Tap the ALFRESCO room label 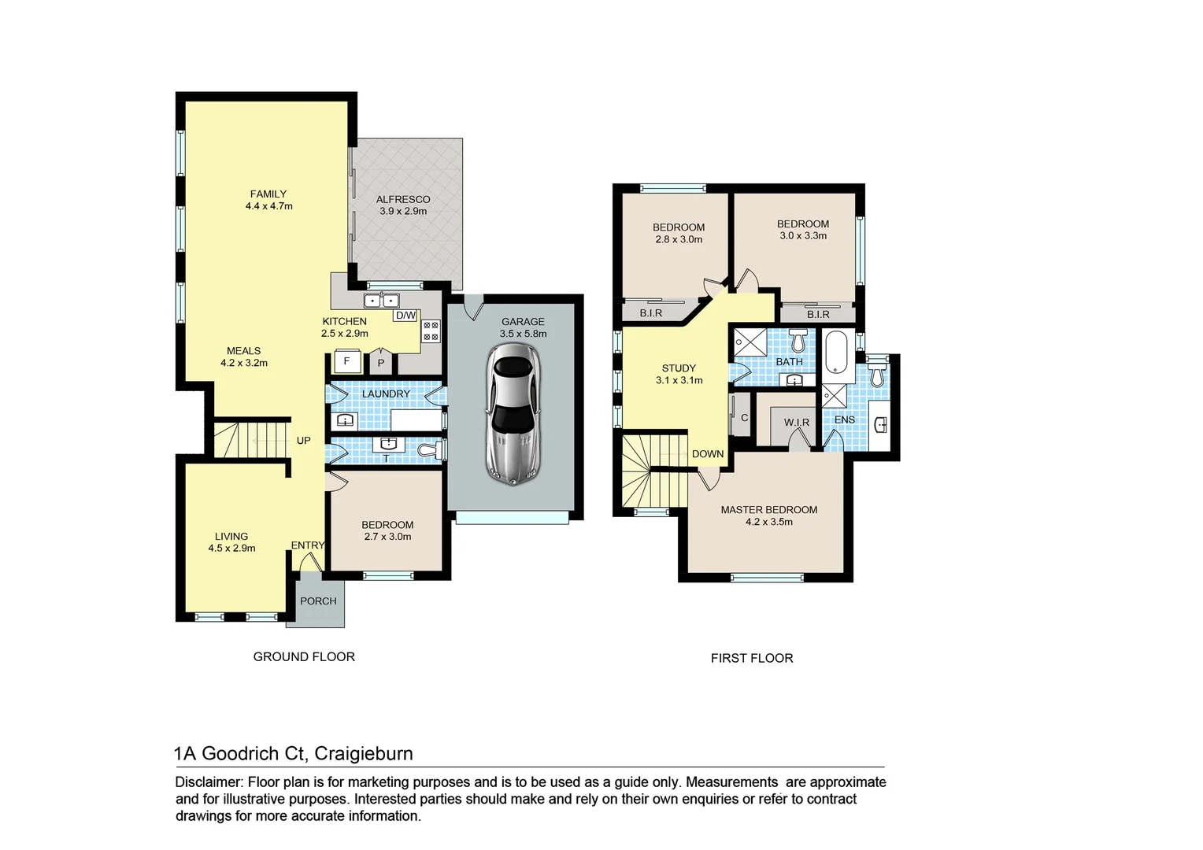[402, 200]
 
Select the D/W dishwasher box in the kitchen [405, 316]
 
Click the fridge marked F [346, 362]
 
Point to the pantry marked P [381, 363]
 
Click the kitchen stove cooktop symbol [431, 331]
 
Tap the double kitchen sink [382, 301]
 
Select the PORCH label [318, 601]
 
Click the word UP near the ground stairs [304, 441]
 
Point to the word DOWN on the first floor [708, 454]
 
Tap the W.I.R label [797, 423]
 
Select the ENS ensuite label [844, 419]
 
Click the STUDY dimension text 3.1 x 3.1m [679, 381]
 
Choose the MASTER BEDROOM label [769, 510]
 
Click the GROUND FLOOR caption [304, 656]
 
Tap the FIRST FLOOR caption [752, 658]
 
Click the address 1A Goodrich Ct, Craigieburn [294, 753]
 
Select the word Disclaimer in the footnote [209, 782]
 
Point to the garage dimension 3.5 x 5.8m [523, 334]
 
